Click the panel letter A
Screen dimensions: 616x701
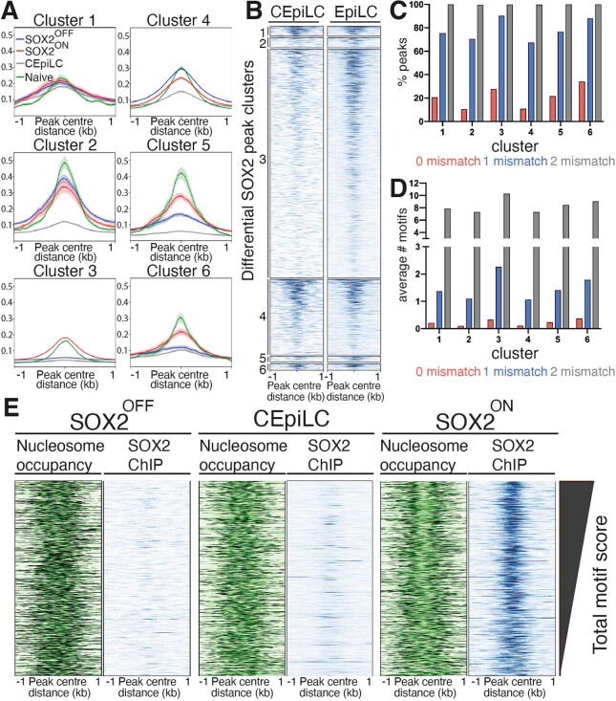[10, 11]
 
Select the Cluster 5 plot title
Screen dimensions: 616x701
[178, 144]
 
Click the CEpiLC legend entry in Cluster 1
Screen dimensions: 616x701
[40, 63]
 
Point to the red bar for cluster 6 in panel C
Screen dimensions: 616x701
[582, 101]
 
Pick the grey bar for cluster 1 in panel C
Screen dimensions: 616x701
[451, 63]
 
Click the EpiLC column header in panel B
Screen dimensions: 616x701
[355, 12]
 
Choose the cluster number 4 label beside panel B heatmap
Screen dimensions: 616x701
[263, 317]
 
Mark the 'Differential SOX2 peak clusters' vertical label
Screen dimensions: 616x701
[248, 170]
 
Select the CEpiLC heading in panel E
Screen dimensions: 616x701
[291, 419]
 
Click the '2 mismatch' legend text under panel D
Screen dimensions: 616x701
[583, 371]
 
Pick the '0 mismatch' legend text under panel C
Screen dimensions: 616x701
[448, 161]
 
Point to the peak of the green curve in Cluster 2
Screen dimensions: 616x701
[65, 163]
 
